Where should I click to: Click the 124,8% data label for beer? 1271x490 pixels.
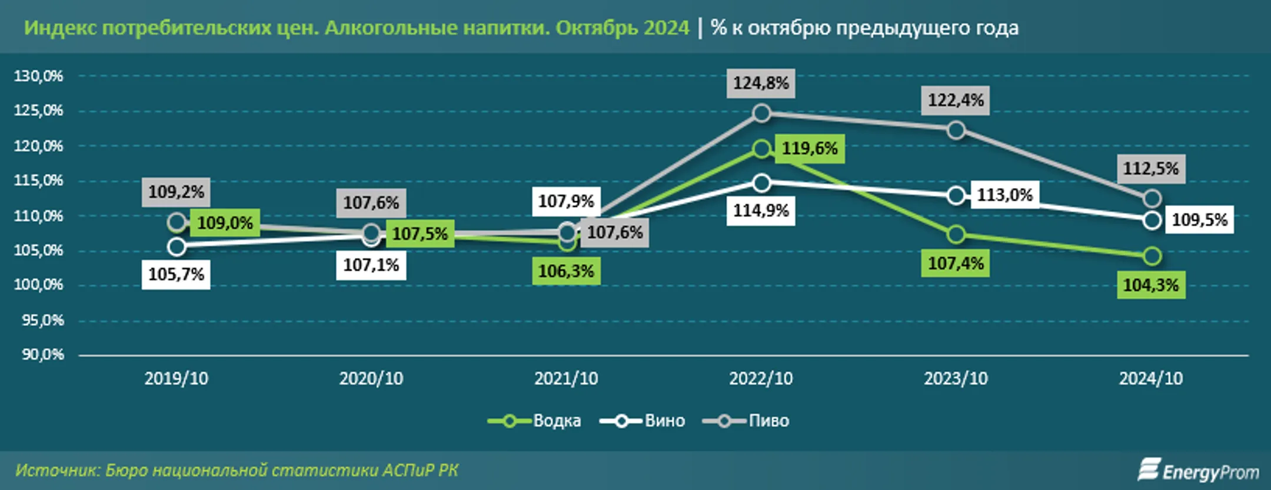(x=760, y=83)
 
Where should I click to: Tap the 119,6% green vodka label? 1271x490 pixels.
(x=809, y=148)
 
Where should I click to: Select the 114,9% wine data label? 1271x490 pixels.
(x=760, y=211)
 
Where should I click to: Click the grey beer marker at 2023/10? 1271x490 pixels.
(x=956, y=130)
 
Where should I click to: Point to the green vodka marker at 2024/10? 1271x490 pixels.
(x=1152, y=256)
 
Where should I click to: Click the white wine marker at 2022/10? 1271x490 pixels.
(x=761, y=183)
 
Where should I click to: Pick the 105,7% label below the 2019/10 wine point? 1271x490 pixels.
(x=175, y=274)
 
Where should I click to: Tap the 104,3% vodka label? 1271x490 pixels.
(x=1150, y=285)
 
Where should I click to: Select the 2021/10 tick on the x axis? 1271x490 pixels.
(x=565, y=378)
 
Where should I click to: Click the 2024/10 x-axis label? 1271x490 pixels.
(x=1150, y=378)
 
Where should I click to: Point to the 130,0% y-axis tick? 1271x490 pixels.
(x=38, y=76)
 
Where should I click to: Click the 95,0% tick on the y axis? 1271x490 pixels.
(x=42, y=321)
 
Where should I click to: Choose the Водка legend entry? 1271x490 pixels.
(x=556, y=421)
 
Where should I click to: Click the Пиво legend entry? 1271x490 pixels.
(x=768, y=421)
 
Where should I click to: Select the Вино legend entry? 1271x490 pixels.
(x=664, y=421)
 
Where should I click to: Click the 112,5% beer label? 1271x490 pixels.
(x=1150, y=169)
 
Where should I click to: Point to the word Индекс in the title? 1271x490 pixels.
(x=59, y=28)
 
